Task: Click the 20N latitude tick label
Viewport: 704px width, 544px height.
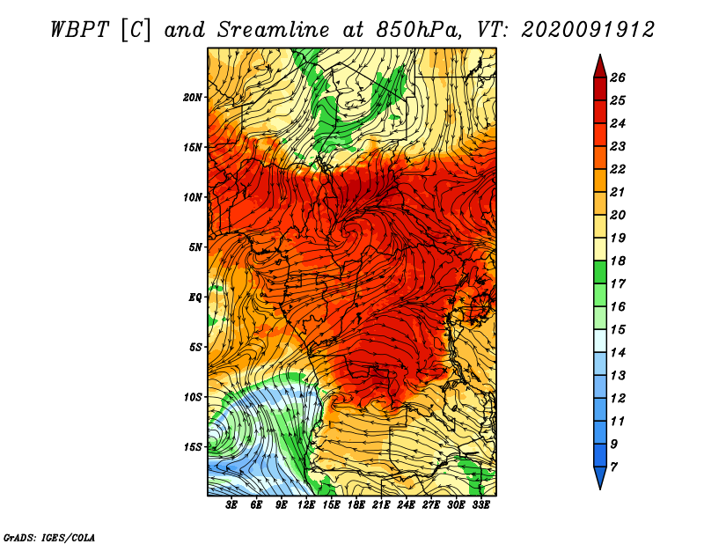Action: (193, 97)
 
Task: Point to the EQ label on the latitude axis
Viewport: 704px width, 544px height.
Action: (195, 297)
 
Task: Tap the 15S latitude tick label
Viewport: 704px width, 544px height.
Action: (193, 447)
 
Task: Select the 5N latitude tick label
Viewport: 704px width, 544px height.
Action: (195, 247)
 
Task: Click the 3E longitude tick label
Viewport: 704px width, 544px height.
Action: (231, 505)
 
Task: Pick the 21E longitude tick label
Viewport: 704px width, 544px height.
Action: (381, 505)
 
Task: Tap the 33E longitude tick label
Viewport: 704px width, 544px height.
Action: (480, 505)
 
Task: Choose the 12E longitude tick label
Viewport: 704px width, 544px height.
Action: (305, 505)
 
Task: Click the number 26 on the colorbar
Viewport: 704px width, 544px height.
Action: (618, 77)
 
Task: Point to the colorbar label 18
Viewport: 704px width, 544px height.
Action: (618, 261)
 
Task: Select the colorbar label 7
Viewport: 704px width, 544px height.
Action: (614, 467)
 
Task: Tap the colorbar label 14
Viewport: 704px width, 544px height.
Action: (618, 353)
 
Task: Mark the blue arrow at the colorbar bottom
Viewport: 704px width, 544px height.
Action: (600, 477)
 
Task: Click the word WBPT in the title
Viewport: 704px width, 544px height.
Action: (80, 30)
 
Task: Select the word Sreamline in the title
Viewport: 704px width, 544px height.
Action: (274, 30)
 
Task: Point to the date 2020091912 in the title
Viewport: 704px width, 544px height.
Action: (588, 30)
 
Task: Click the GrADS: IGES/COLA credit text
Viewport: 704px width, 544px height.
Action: (49, 538)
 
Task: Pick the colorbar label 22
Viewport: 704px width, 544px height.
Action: (618, 169)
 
